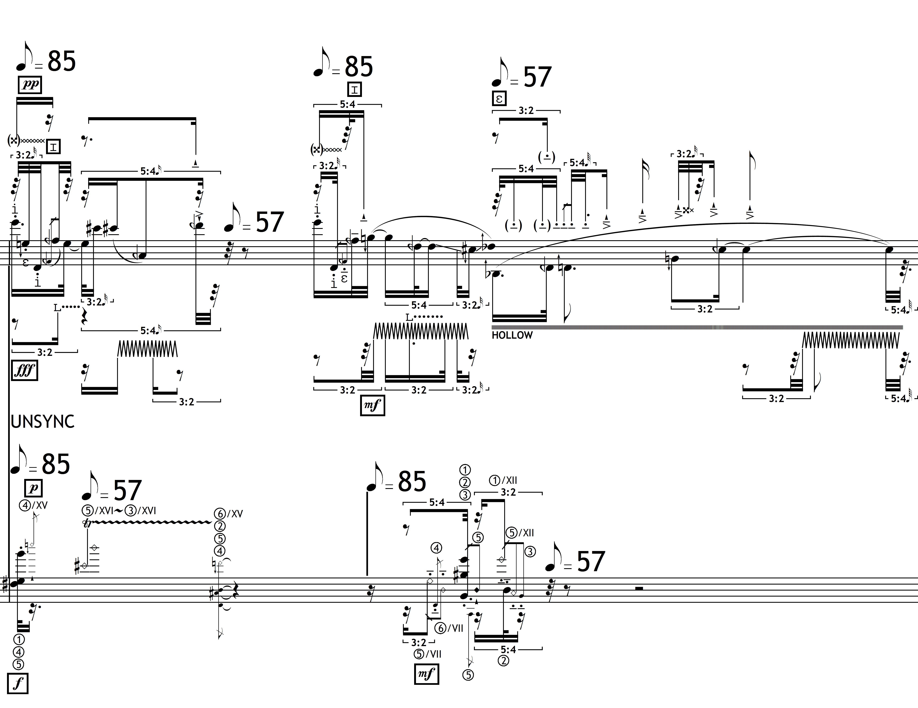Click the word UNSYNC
coord(43,421)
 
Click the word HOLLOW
coord(512,335)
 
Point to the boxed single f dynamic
coord(18,684)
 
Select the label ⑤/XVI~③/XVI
coord(119,510)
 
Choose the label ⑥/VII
coord(449,629)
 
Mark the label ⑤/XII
coord(520,533)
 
